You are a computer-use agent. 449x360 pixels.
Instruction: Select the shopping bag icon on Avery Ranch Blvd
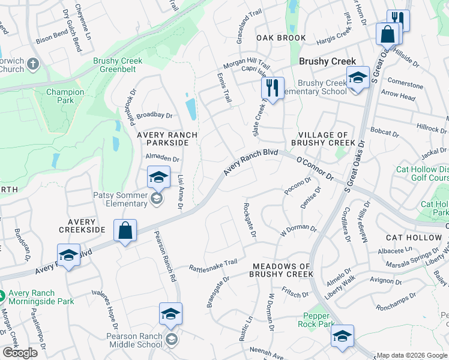point(125,232)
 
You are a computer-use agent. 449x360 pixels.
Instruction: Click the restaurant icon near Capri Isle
point(273,88)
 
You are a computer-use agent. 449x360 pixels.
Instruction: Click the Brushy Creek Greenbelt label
point(118,65)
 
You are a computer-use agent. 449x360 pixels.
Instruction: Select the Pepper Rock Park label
point(316,320)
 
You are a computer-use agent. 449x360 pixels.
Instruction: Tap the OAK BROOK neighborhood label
point(281,38)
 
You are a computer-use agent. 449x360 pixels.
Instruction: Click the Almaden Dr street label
point(163,159)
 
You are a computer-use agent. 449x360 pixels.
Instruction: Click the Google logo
point(20,353)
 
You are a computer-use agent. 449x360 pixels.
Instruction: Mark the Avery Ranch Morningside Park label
point(40,297)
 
